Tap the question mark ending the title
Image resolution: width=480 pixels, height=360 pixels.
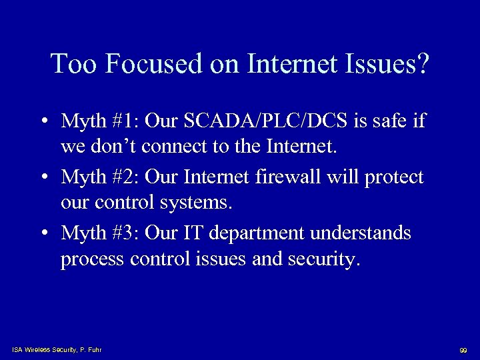coord(422,64)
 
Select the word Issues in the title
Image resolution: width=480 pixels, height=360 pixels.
coord(378,64)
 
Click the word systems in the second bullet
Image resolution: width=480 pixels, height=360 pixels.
coord(197,203)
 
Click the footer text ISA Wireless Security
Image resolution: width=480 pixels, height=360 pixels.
coord(49,350)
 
